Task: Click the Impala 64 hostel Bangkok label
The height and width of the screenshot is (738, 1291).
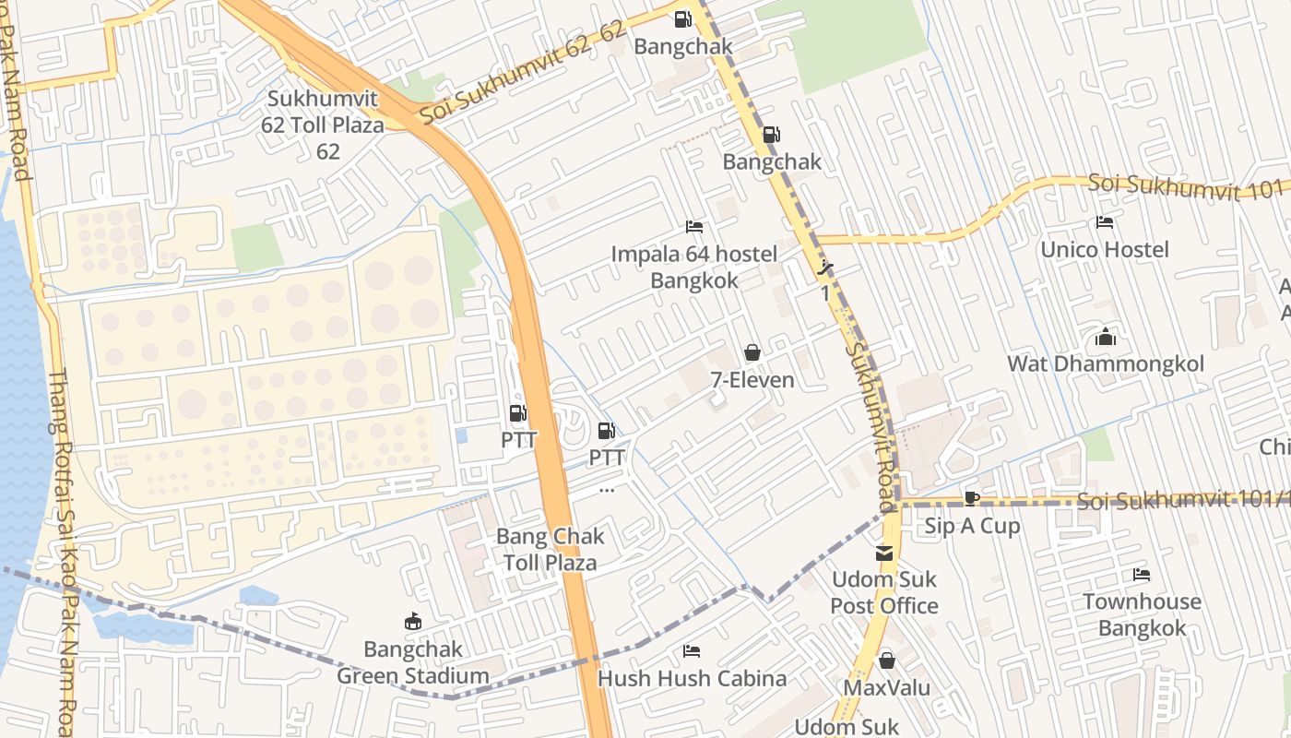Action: click(694, 267)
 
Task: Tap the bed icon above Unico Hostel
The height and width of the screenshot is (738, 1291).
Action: click(1104, 222)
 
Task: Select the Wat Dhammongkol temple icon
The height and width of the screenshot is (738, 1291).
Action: click(1105, 338)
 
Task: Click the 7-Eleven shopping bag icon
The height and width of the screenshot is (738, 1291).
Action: click(752, 352)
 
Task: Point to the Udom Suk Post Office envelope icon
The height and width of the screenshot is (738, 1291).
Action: click(883, 553)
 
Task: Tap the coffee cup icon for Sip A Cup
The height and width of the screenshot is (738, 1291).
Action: click(971, 499)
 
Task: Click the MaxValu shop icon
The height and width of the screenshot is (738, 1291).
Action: click(886, 661)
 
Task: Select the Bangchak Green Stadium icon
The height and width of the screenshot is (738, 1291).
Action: click(412, 623)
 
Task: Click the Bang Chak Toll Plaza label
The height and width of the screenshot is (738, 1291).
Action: click(551, 549)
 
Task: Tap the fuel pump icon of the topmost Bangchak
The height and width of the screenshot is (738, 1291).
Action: click(682, 18)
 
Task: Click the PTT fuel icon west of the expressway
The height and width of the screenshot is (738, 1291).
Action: click(518, 413)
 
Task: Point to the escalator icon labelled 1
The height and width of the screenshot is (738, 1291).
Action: click(825, 269)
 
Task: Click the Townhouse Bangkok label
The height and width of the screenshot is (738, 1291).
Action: click(1142, 614)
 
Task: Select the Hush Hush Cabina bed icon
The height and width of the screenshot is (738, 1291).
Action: click(692, 651)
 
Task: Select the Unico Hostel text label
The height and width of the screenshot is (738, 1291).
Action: click(1104, 249)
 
